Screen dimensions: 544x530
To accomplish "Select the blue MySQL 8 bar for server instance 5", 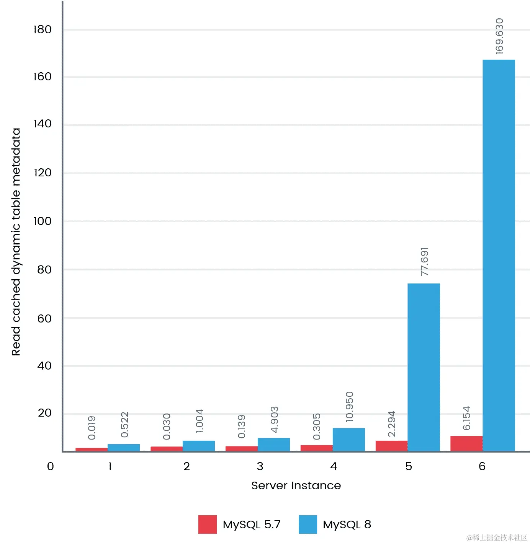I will [424, 367].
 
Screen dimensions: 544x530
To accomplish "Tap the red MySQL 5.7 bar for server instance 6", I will [466, 444].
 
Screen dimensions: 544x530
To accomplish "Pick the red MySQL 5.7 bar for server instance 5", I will [391, 446].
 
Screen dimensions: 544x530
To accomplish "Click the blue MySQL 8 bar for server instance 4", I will [348, 440].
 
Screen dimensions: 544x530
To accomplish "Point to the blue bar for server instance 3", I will [273, 445].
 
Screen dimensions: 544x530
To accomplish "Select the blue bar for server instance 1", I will [124, 448].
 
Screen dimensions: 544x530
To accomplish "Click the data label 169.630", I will [499, 36].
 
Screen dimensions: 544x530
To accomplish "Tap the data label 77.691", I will [424, 262].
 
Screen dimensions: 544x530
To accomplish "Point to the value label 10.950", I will [349, 407].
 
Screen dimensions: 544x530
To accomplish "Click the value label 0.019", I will [92, 428].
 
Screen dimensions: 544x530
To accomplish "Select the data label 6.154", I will [466, 418].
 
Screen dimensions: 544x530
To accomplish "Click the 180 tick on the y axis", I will [42, 29].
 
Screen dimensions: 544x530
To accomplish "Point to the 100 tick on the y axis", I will [42, 221].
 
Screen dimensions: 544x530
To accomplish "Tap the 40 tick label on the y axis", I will [44, 366].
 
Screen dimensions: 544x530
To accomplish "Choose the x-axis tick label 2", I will [186, 466].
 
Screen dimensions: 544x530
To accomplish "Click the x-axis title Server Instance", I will [296, 485].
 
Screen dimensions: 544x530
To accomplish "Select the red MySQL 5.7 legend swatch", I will [207, 524].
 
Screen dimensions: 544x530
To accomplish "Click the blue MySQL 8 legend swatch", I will [308, 524].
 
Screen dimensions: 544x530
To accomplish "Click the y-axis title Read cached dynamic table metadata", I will [16, 242].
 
